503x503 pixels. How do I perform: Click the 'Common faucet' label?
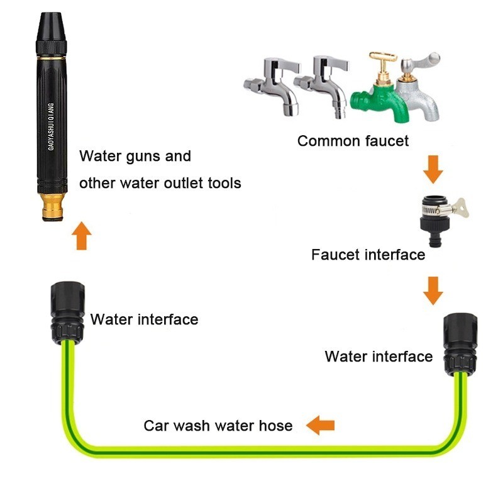pos(353,141)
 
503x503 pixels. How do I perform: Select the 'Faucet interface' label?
pos(368,255)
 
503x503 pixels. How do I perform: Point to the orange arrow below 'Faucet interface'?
pos(432,289)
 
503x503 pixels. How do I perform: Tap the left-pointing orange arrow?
pos(321,426)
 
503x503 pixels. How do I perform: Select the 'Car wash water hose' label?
pos(218,426)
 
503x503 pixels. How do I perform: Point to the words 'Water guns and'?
pos(135,156)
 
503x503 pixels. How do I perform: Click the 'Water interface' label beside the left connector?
pos(144,319)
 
